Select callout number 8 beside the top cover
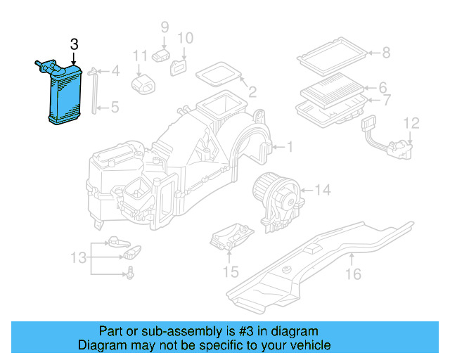click(385, 52)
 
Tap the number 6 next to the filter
click(383, 88)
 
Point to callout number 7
click(386, 101)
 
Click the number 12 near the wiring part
click(411, 124)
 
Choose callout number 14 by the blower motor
click(322, 190)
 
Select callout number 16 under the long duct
click(354, 274)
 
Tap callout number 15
click(231, 271)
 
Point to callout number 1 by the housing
click(289, 147)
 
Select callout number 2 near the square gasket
click(252, 91)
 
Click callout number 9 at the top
click(165, 27)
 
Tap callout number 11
click(141, 56)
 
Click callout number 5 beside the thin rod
click(115, 108)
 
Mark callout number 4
click(115, 70)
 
